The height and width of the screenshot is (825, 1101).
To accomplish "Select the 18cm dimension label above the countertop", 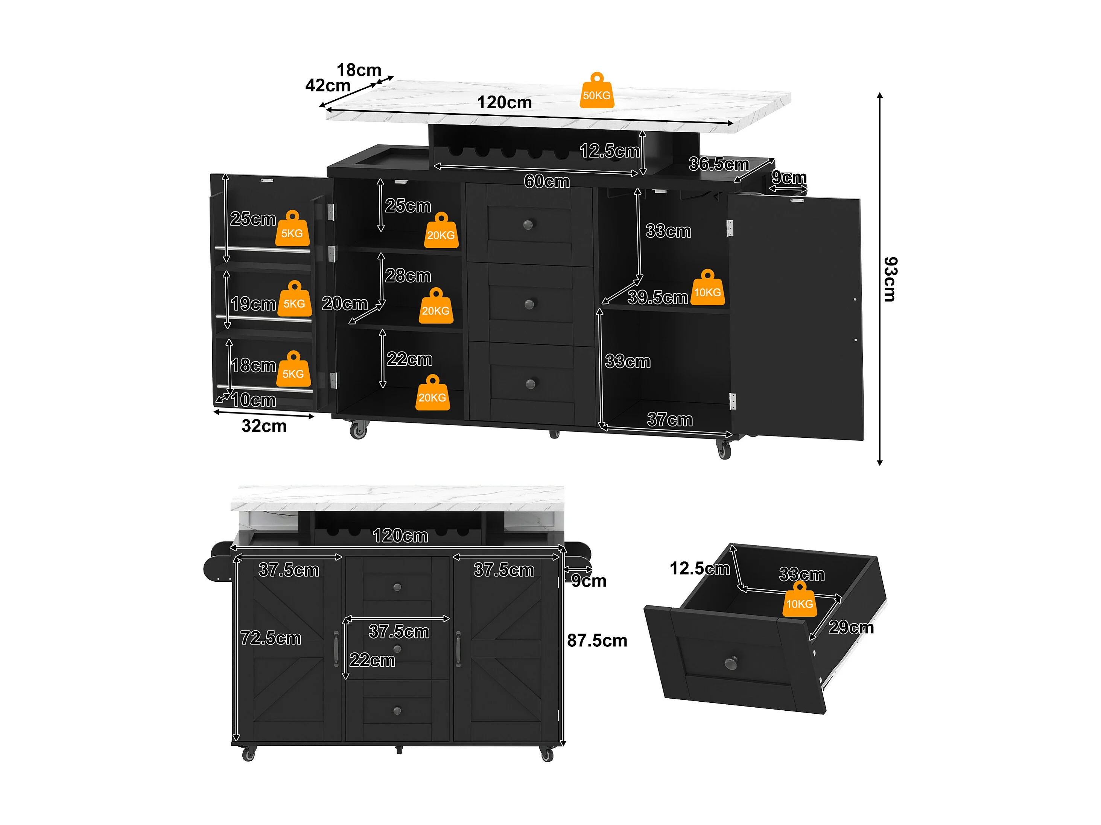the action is click(x=359, y=70).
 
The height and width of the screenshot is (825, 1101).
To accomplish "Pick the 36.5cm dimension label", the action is click(x=718, y=164).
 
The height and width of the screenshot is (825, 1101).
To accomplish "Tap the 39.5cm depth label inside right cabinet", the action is click(x=657, y=297).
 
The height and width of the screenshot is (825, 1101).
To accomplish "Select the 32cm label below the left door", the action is click(x=264, y=426).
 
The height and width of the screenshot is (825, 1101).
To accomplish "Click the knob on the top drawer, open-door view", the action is click(x=528, y=225).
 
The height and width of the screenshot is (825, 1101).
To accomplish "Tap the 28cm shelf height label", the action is click(x=408, y=276).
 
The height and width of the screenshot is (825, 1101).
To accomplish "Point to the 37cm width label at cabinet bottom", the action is click(x=669, y=420).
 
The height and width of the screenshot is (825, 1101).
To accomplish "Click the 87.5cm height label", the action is click(x=597, y=640).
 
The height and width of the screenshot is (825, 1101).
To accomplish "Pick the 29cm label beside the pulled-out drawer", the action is click(x=851, y=628).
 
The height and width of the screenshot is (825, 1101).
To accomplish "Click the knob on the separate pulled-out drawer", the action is click(x=731, y=663).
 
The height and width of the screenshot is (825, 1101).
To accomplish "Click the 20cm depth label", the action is click(x=344, y=303).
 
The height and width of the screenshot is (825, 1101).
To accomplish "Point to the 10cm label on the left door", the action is click(x=253, y=400).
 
